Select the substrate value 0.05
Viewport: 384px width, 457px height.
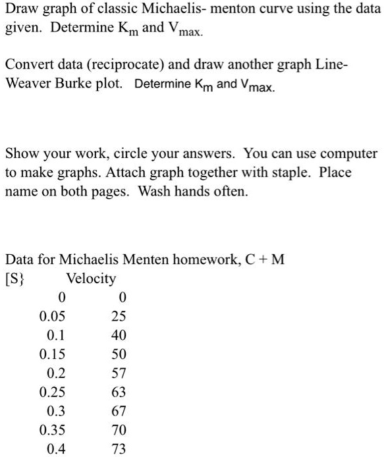[52, 316]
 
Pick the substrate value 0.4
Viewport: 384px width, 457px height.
[56, 450]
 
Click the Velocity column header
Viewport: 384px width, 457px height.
[91, 279]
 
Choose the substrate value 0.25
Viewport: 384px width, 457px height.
[52, 392]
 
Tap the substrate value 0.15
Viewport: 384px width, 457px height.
[52, 354]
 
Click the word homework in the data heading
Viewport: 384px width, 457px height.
[213, 259]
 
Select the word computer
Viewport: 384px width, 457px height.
[350, 154]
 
